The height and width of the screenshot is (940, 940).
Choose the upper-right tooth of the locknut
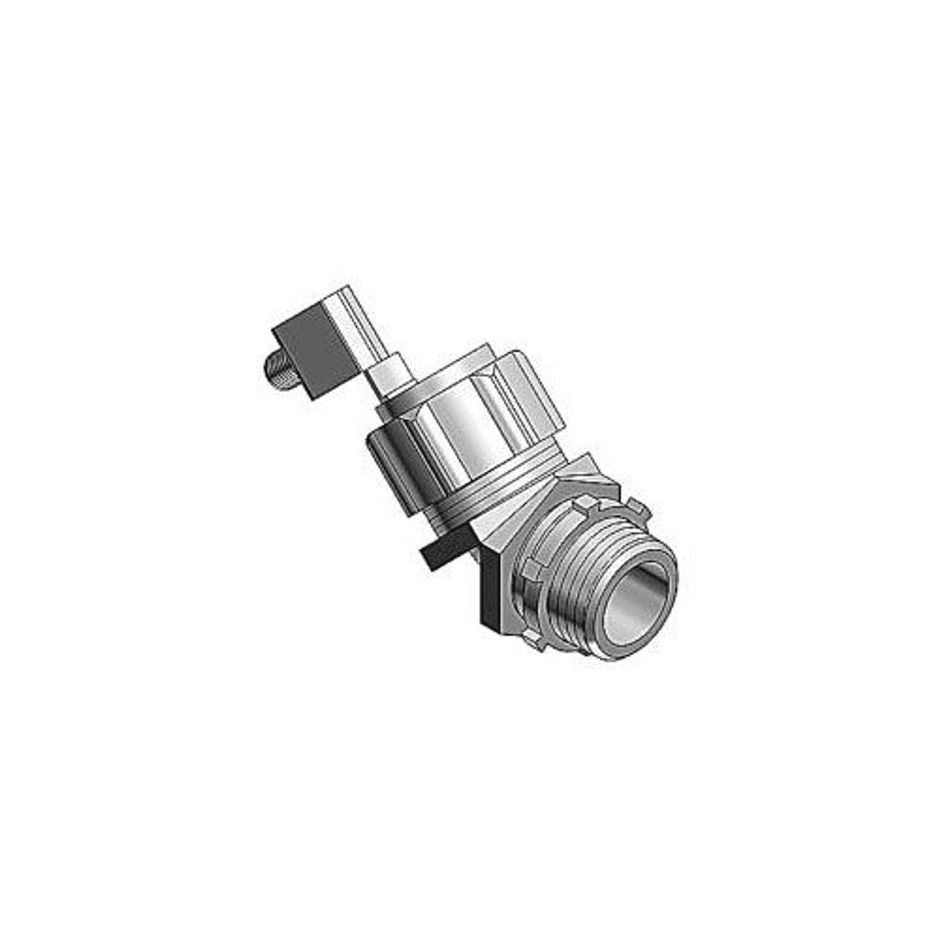tap(640, 507)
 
